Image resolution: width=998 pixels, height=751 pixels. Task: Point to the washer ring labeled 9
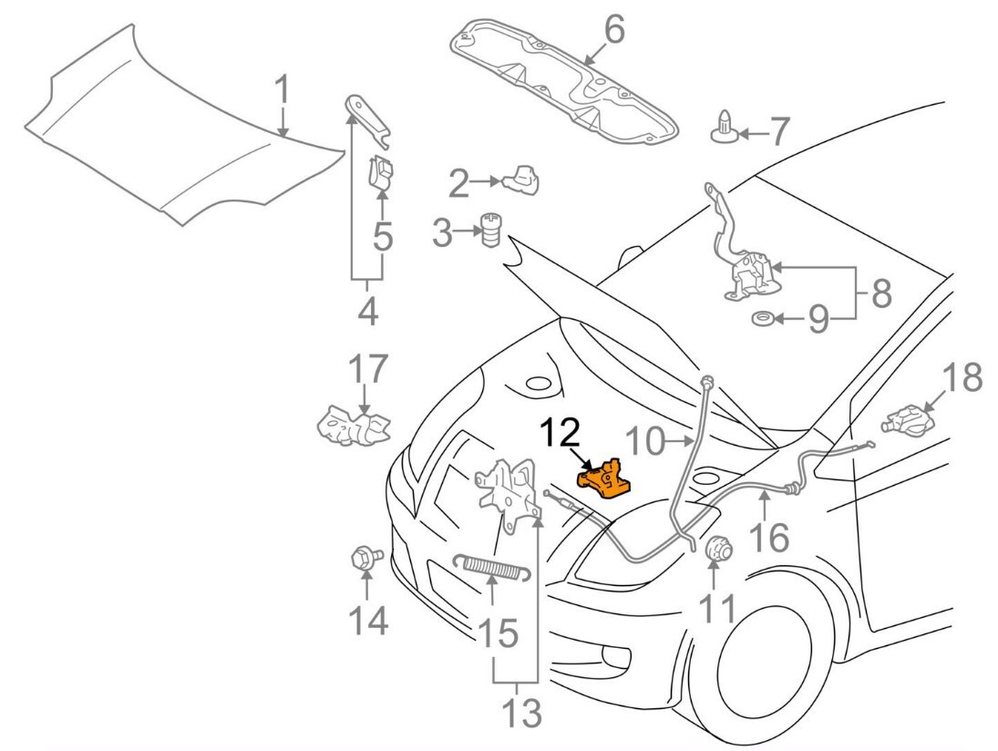(761, 319)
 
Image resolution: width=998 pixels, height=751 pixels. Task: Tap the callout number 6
(612, 31)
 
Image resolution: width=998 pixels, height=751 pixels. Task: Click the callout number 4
(367, 311)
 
